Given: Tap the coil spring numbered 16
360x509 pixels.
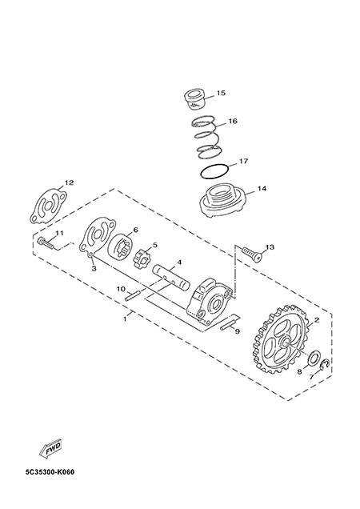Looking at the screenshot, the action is point(207,139).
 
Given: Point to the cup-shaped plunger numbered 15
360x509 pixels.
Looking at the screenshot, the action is point(194,99).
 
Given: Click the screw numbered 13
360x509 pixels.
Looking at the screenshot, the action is point(252,253).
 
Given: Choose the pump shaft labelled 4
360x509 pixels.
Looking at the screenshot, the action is point(171,277).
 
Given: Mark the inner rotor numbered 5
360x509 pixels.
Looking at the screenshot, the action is point(141,259).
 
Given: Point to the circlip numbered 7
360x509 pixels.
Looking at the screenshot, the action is point(324,365).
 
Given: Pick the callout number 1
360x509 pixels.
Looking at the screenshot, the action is point(125,319).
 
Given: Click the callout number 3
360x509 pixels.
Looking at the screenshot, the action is point(94,268).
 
